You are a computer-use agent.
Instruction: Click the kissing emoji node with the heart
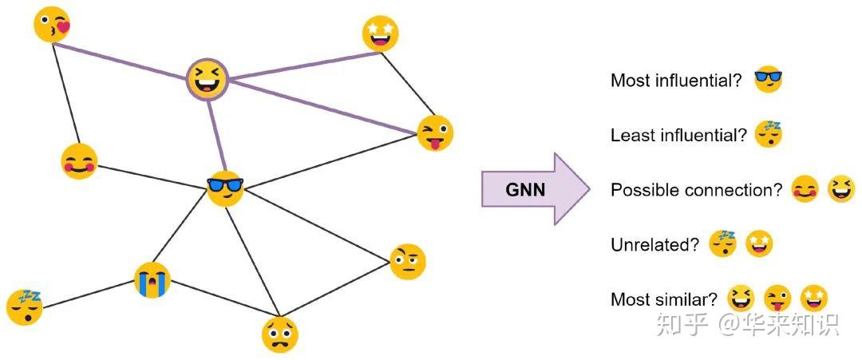pos(52,25)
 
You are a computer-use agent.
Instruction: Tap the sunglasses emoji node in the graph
pos(224,188)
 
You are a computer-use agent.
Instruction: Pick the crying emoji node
pos(152,280)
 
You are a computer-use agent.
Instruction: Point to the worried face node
pos(279,334)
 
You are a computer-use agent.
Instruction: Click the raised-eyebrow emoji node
pos(408,262)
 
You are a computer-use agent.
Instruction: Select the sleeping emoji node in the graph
pos(24,307)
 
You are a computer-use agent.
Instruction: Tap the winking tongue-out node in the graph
pos(435,133)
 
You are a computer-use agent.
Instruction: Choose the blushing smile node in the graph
pos(79,162)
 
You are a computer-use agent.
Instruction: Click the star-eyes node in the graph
pos(380,34)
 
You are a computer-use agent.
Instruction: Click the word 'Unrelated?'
pos(654,245)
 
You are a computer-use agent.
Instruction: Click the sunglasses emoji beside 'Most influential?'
pos(768,79)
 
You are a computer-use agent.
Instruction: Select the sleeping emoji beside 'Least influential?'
pos(769,134)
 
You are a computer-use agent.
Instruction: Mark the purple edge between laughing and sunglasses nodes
pos(215,132)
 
